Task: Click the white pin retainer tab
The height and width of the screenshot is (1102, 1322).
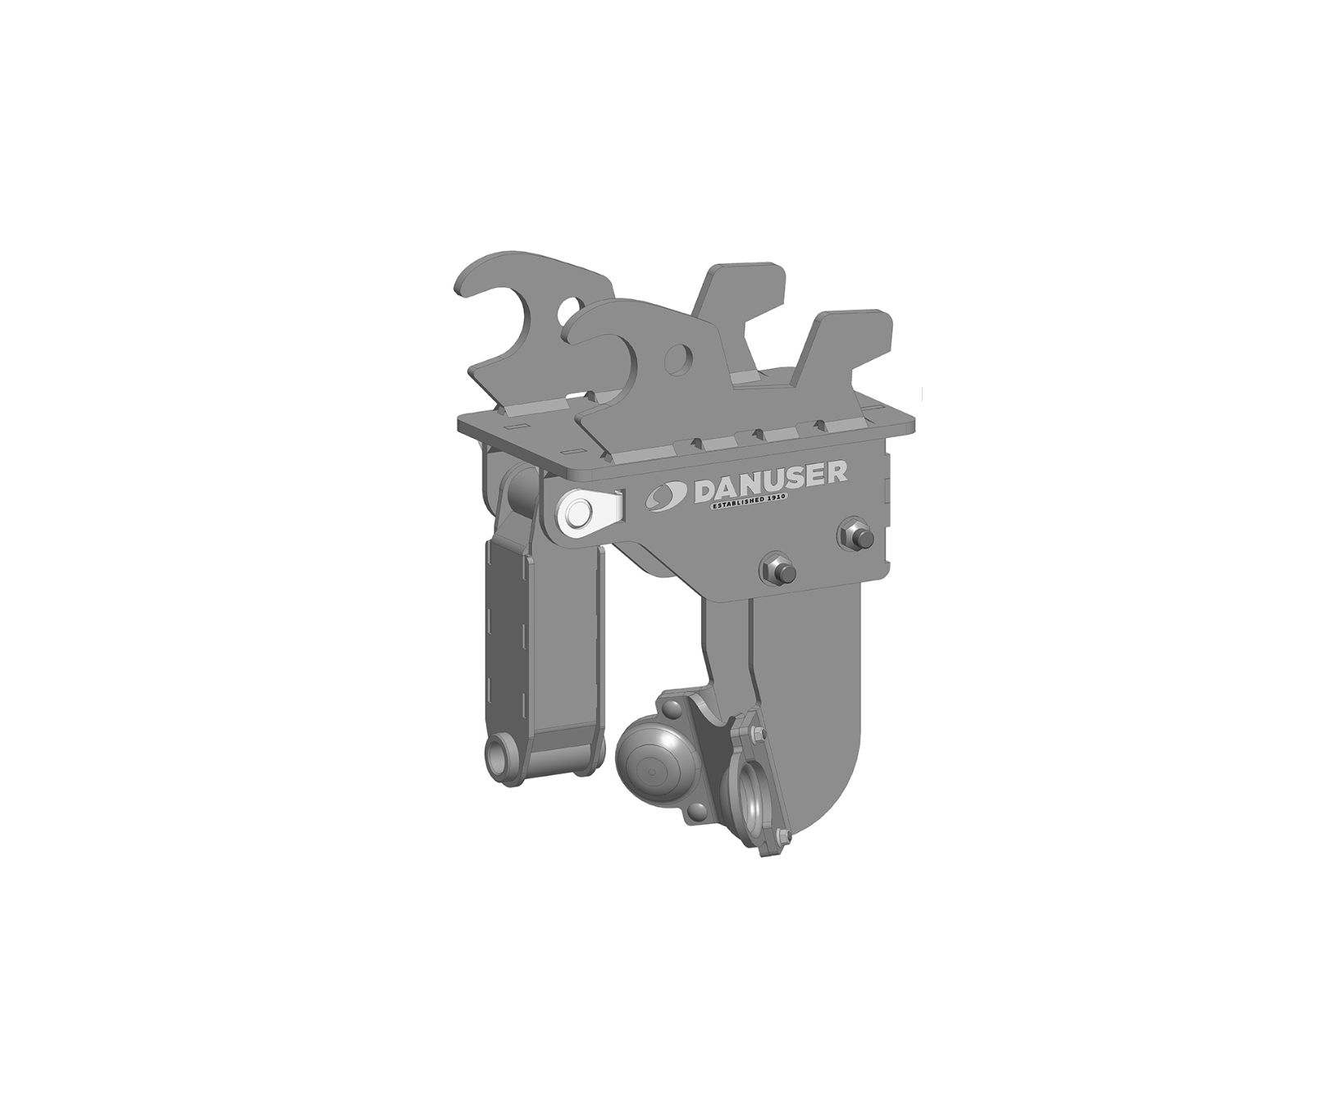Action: [587, 512]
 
